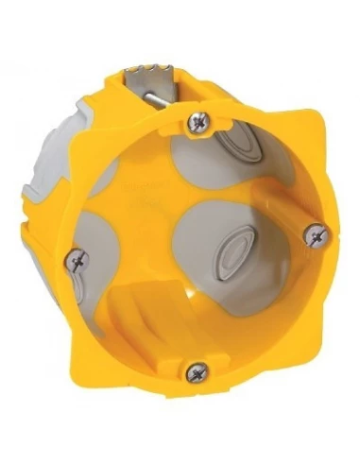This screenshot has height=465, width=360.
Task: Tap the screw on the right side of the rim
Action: (316, 235)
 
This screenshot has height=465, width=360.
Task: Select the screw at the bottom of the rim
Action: (197, 370)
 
